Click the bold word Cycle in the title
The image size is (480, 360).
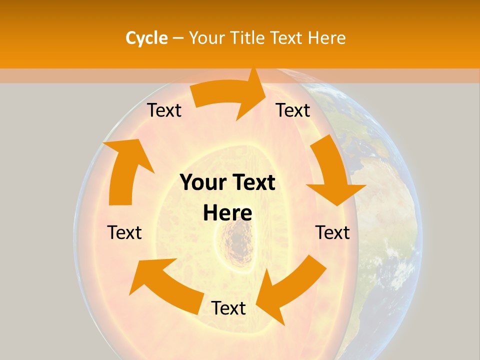[x=146, y=38]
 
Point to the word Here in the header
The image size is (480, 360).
[x=326, y=38]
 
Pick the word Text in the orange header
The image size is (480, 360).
[x=287, y=38]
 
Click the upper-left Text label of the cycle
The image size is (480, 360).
[x=164, y=110]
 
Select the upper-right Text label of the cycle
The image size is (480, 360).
[x=293, y=110]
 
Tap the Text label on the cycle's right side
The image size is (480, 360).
[x=332, y=232]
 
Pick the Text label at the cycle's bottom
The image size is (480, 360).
[x=228, y=308]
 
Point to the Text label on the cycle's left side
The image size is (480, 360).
[x=124, y=232]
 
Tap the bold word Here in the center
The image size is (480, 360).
[x=227, y=213]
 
